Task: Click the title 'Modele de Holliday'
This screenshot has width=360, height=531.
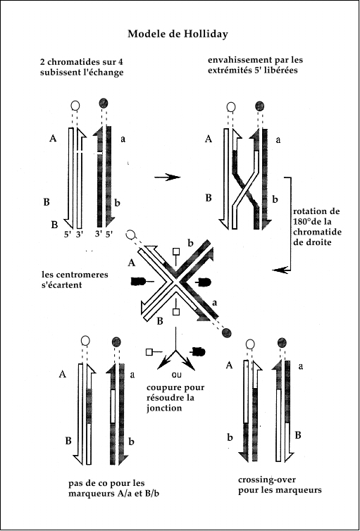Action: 178,35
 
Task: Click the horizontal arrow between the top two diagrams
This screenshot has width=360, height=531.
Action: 167,177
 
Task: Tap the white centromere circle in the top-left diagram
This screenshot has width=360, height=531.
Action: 75,106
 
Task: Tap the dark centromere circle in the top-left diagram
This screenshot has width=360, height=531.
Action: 104,104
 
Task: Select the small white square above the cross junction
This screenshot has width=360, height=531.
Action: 175,251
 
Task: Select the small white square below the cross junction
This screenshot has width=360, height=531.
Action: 175,312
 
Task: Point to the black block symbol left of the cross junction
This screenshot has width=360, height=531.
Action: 138,281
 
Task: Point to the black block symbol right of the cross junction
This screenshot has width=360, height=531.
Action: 204,282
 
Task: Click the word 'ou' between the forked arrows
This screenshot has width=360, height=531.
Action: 176,375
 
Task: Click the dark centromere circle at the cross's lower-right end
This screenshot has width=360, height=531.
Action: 227,333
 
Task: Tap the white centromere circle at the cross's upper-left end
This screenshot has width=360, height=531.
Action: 130,235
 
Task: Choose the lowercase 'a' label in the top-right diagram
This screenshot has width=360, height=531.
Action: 278,140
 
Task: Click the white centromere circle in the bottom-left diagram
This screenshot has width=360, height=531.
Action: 86,340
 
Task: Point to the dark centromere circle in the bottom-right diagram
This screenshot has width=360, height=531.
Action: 281,343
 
